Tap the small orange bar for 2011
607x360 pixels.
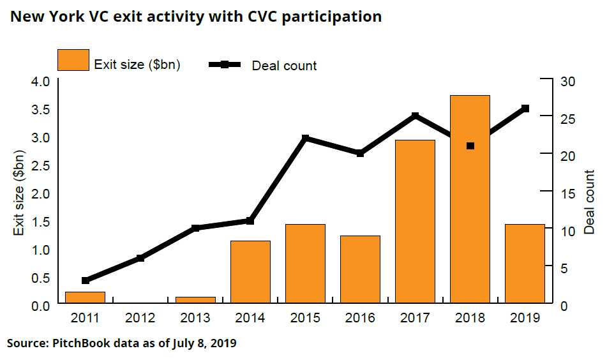coord(85,297)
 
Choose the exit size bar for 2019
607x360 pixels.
coord(525,263)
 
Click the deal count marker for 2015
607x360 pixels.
coord(305,139)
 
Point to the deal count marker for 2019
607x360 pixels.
coord(525,109)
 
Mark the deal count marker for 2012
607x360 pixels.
coord(140,258)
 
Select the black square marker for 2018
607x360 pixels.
coord(470,146)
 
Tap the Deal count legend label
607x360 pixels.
coord(284,65)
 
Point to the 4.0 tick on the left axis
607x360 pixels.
coord(40,81)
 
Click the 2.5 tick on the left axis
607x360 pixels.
coord(40,165)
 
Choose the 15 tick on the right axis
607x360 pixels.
coord(567,193)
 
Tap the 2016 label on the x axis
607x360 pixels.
coord(360,317)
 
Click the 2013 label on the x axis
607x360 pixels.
coord(195,317)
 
